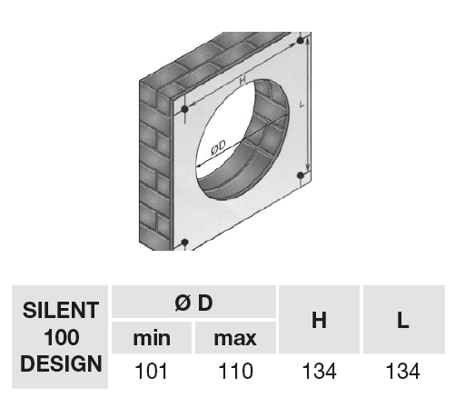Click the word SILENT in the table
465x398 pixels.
click(60, 310)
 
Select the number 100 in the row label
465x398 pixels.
click(60, 338)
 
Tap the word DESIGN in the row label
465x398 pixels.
click(60, 365)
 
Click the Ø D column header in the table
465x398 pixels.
click(193, 303)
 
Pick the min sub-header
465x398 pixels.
click(152, 339)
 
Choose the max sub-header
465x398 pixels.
click(234, 339)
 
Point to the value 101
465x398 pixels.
click(152, 371)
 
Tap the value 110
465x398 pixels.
click(234, 371)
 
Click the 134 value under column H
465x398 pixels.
click(319, 371)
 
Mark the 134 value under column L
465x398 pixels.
click(402, 371)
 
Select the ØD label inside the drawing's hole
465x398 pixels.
click(219, 147)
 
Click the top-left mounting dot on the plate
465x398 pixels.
click(185, 110)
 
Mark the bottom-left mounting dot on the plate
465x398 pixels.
click(185, 243)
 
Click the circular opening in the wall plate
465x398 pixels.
click(241, 145)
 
